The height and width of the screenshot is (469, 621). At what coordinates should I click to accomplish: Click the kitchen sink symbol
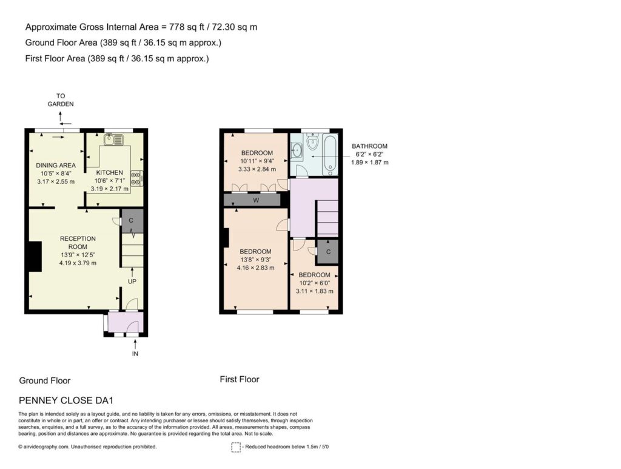point(113,140)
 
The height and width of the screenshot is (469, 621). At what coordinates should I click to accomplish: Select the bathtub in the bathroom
point(330,155)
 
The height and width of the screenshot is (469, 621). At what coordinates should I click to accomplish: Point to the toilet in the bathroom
point(313,142)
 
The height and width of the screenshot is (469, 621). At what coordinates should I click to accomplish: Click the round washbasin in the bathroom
point(297,149)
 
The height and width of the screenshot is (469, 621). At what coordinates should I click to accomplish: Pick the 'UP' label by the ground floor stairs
point(132,282)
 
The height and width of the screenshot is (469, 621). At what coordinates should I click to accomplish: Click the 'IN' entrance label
point(135,354)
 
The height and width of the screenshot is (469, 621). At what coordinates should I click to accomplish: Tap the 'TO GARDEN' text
point(61,100)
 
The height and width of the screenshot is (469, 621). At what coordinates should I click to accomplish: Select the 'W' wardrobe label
point(256,200)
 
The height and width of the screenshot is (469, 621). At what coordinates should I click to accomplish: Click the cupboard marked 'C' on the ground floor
point(131,221)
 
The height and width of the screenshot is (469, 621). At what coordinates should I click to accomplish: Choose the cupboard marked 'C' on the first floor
point(328,252)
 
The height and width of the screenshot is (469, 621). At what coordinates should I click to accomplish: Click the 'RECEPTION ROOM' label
point(78,243)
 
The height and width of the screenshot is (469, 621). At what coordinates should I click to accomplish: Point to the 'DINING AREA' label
point(56,165)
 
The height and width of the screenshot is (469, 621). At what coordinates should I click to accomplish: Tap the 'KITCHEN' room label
point(110,172)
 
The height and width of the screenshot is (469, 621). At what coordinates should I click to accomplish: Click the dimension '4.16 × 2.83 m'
point(255,268)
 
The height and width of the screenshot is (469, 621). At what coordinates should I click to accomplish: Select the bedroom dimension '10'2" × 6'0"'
point(315,283)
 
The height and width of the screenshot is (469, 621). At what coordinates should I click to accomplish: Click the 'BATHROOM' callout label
point(369,146)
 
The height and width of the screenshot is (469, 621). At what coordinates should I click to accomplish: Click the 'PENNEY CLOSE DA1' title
point(66,400)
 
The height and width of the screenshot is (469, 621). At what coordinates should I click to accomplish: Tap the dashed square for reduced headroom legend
point(236,447)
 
